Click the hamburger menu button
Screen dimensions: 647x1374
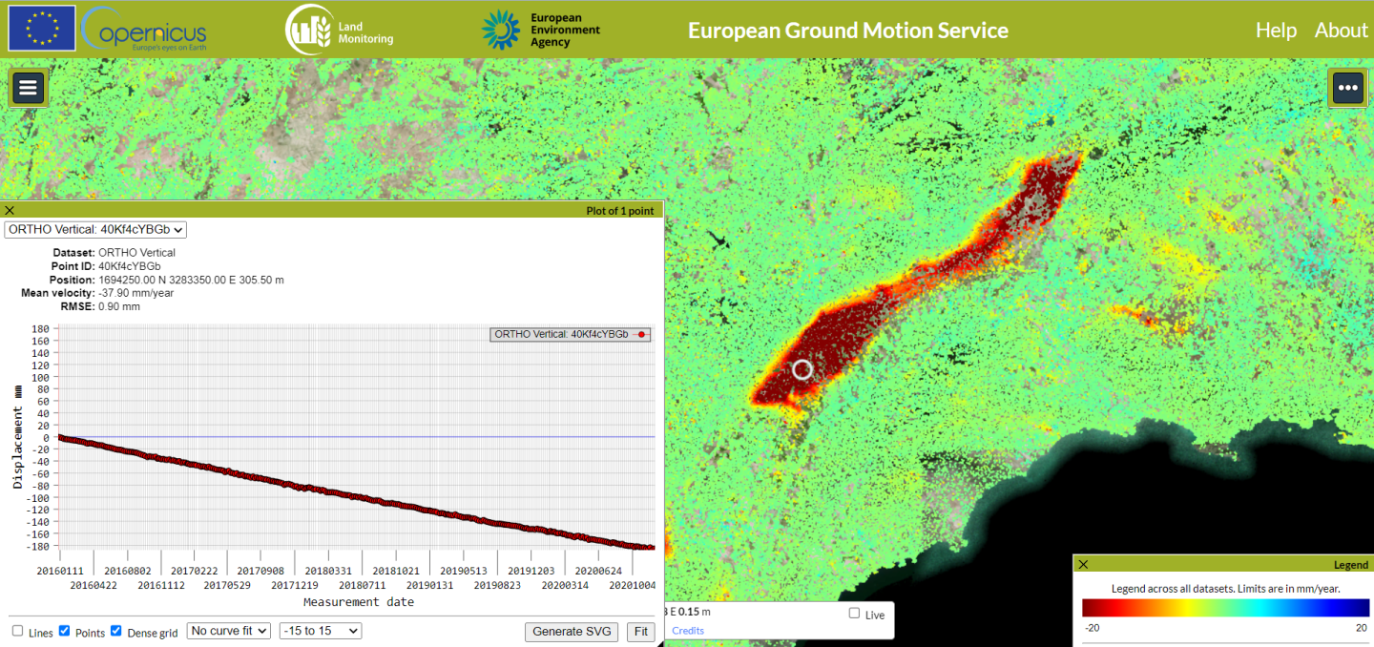(28, 88)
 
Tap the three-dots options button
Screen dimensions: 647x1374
(1347, 88)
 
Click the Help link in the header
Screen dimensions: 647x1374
(1276, 31)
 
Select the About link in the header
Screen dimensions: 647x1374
(1341, 31)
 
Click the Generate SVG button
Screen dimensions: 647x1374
(571, 632)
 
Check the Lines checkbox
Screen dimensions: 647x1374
(18, 631)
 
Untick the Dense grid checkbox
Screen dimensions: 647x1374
(116, 631)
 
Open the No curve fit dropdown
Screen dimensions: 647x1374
(229, 631)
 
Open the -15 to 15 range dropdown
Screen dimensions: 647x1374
(320, 631)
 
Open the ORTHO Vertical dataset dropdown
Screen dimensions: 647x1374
(95, 229)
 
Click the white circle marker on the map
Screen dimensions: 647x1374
(802, 369)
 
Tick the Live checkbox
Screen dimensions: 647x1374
(854, 614)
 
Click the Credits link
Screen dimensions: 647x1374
(688, 631)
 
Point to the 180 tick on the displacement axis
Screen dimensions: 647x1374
(41, 329)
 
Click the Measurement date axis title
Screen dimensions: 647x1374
(359, 602)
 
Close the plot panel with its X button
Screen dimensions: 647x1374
(10, 211)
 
